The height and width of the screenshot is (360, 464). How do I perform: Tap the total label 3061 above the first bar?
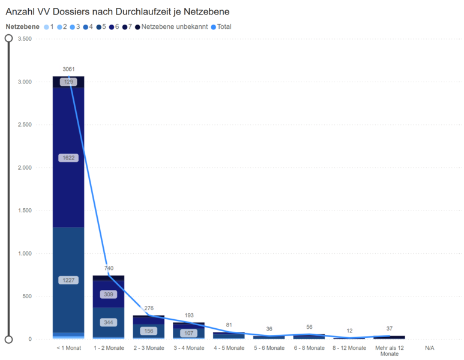point(68,70)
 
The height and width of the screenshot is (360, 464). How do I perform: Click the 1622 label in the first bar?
point(68,158)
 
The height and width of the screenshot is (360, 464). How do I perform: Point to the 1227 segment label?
point(68,280)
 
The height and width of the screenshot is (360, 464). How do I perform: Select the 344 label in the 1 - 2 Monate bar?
point(109,322)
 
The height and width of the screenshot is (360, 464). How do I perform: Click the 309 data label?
point(109,295)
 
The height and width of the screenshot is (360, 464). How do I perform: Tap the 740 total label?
point(109,268)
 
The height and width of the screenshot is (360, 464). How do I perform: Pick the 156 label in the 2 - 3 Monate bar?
point(149,331)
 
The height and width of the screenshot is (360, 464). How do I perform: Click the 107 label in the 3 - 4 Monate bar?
point(189,333)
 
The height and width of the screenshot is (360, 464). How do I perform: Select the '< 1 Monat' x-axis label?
point(68,348)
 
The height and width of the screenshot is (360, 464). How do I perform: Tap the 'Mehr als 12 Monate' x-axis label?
point(390,350)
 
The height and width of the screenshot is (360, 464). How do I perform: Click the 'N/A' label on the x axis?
point(430,348)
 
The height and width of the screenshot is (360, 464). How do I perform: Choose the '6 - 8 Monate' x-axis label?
point(309,348)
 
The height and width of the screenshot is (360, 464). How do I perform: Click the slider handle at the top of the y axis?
point(8,38)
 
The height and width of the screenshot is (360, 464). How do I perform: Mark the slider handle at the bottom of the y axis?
point(8,339)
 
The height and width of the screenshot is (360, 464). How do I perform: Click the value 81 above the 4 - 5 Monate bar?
point(229,325)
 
